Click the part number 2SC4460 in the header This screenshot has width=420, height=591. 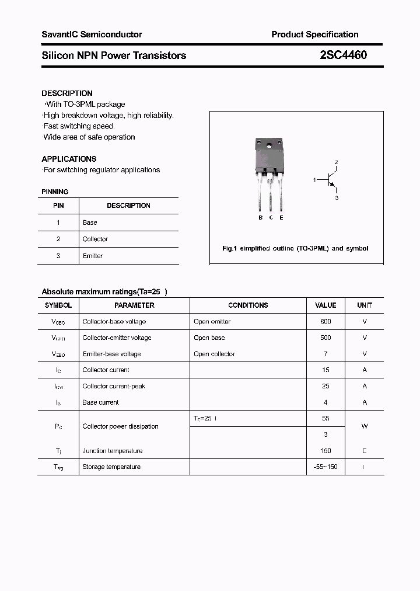click(x=344, y=55)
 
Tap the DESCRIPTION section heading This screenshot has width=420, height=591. click(x=67, y=93)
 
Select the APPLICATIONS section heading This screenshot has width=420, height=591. click(x=69, y=159)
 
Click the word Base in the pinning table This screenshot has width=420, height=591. click(x=90, y=223)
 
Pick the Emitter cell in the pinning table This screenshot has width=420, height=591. click(x=93, y=256)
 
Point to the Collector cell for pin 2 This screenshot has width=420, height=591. click(x=95, y=239)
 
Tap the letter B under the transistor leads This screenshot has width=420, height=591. click(x=260, y=218)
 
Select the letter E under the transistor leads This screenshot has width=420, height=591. click(x=281, y=218)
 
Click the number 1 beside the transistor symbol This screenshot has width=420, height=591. click(x=314, y=180)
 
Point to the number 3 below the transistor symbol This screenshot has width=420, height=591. click(x=337, y=198)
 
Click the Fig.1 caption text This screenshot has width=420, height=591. click(x=295, y=248)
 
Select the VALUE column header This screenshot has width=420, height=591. click(x=325, y=305)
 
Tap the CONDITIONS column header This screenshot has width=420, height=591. click(x=248, y=305)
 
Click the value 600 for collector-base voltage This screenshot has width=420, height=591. click(x=325, y=322)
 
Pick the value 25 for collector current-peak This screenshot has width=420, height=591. click(x=325, y=386)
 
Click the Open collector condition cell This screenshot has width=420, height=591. click(x=214, y=354)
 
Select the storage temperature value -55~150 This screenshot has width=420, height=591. click(x=325, y=467)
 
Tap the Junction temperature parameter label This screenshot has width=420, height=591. click(x=112, y=451)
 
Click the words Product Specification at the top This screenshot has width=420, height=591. click(x=315, y=34)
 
